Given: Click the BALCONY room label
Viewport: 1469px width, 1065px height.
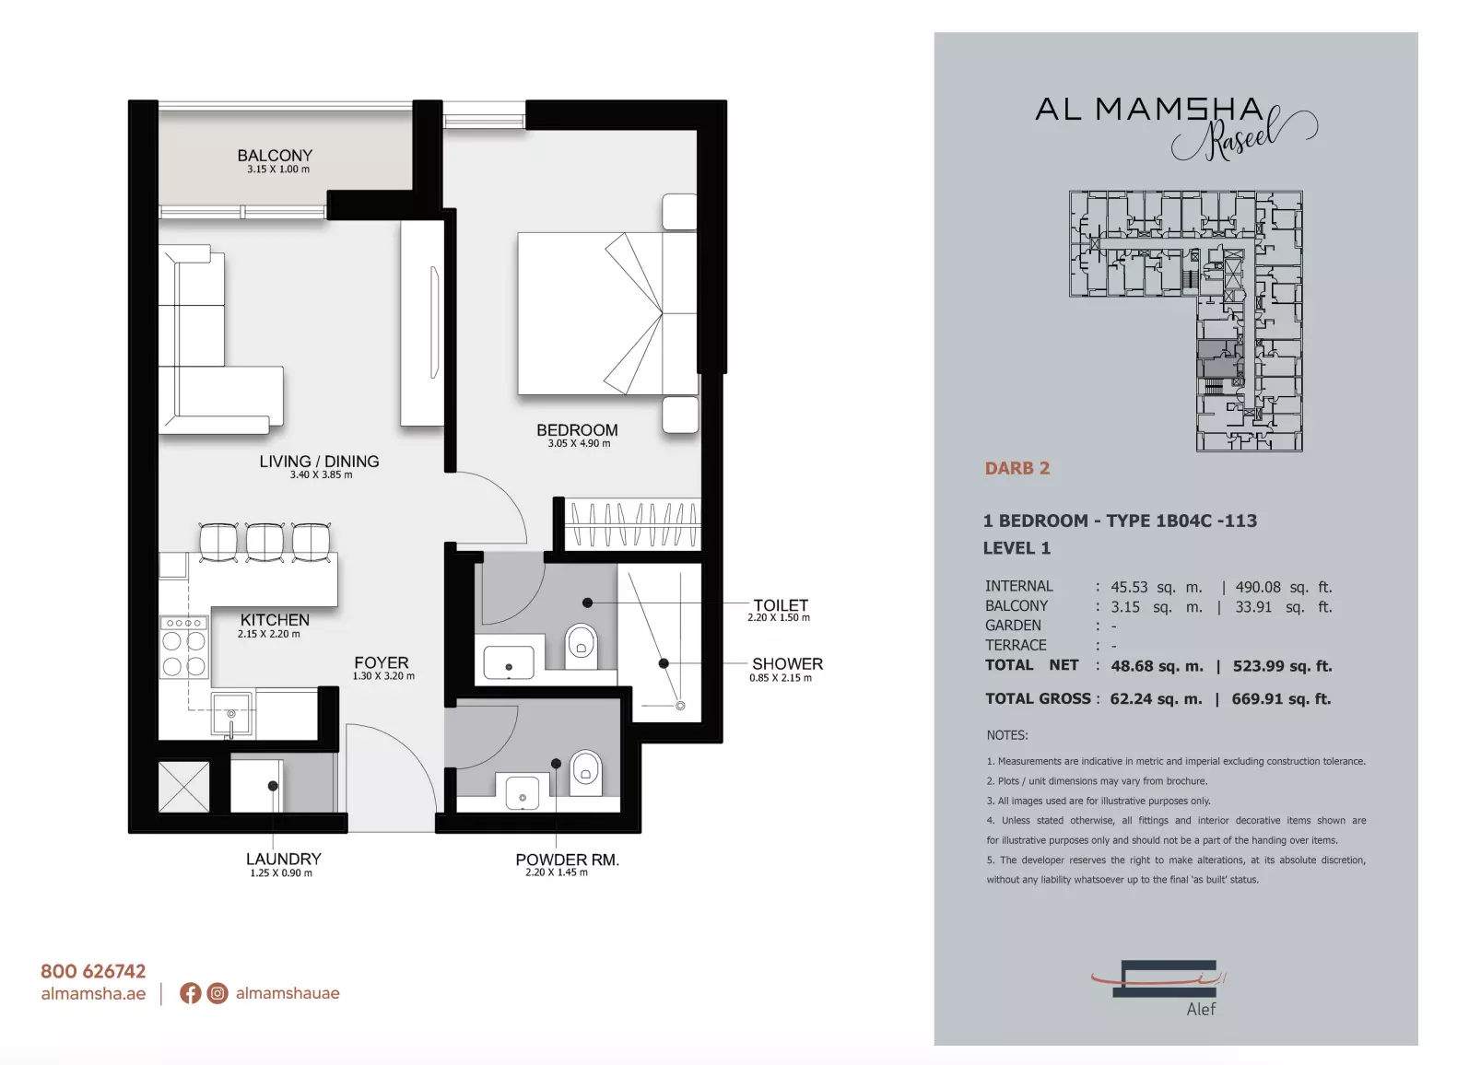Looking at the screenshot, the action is [x=275, y=156].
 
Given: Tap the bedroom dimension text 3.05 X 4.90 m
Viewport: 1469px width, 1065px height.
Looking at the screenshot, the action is [x=579, y=443].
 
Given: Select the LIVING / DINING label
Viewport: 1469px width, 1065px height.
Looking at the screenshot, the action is [x=319, y=461].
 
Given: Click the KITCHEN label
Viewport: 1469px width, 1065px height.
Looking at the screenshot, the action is [x=274, y=620].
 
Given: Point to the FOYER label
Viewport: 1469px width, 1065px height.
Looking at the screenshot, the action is [x=381, y=662].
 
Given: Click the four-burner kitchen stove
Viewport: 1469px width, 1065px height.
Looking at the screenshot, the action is [x=184, y=647].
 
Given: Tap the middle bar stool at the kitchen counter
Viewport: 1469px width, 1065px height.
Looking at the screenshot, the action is [x=264, y=542].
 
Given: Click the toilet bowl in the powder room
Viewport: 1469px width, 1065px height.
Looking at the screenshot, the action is [x=585, y=769].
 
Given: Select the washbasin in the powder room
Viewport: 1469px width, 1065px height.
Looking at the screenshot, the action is [x=523, y=792].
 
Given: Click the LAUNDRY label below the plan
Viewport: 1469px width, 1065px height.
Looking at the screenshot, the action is [x=283, y=859].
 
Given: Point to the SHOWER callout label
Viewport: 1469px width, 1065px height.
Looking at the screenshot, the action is [x=787, y=663].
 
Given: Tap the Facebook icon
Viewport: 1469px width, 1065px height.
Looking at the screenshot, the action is [x=190, y=993].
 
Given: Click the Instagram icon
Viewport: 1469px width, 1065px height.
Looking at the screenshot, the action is [x=217, y=993].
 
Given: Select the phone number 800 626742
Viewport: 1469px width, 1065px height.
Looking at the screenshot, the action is [x=93, y=971].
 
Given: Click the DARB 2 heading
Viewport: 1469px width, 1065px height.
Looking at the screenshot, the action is [x=1017, y=468].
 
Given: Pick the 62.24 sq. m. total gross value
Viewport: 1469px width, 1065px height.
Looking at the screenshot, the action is [x=1157, y=699].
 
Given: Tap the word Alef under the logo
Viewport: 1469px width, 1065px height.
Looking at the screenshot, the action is [x=1201, y=1009].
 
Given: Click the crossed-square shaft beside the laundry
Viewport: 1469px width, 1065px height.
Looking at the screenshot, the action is [x=184, y=786].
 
